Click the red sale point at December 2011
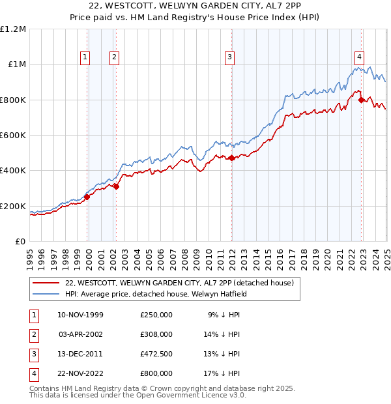pyautogui.click(x=231, y=158)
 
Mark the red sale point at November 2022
pyautogui.click(x=361, y=100)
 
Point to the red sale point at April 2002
pyautogui.click(x=116, y=187)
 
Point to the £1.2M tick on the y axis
pyautogui.click(x=13, y=29)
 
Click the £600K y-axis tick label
pyautogui.click(x=13, y=136)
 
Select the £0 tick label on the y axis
pyautogui.click(x=21, y=242)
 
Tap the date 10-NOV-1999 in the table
pyautogui.click(x=80, y=314)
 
